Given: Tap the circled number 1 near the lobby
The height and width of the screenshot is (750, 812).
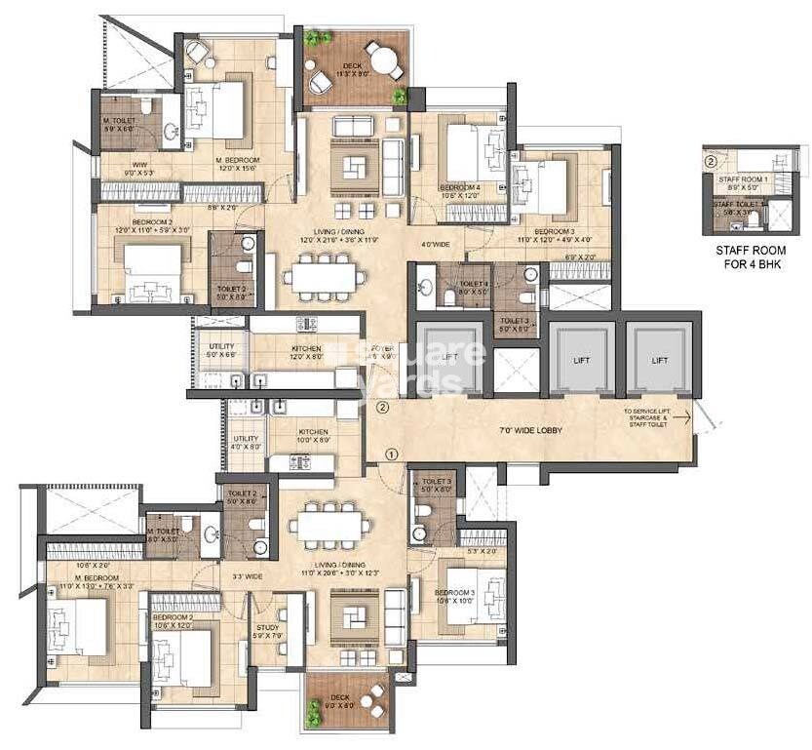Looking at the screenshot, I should coord(391,454).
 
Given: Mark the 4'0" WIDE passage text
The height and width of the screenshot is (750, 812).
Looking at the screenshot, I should coord(435,244).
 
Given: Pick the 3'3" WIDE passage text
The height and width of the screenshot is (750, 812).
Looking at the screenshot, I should coord(248,576).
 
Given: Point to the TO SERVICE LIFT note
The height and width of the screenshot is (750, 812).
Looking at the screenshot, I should coord(655,417).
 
